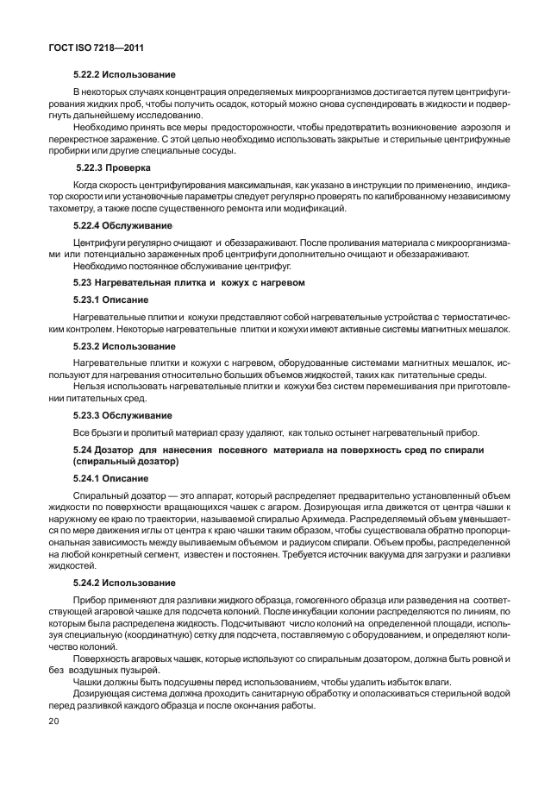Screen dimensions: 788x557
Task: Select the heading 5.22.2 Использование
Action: tap(124, 75)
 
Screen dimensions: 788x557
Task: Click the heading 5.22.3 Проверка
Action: tap(114, 167)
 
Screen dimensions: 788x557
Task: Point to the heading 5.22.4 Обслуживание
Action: tap(124, 224)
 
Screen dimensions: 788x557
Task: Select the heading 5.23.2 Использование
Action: tap(124, 345)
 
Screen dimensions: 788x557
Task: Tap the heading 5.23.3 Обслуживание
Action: tap(122, 415)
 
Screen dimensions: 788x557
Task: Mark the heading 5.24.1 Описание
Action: tap(111, 478)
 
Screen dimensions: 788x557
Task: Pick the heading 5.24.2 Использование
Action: tap(124, 583)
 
